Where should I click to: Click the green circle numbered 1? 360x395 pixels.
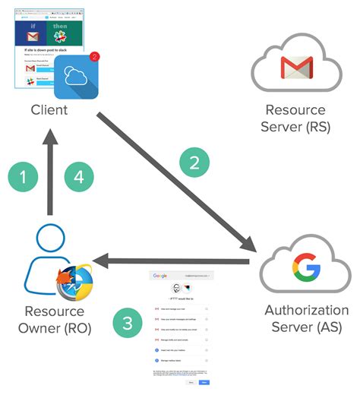[24, 177]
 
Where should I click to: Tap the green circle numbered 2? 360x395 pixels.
[194, 162]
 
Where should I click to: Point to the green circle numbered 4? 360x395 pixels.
[80, 177]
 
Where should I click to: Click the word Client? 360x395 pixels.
[49, 110]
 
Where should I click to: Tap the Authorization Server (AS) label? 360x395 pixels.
[306, 319]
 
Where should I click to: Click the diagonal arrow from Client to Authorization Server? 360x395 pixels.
[175, 182]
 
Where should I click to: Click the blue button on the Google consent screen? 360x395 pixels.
[204, 383]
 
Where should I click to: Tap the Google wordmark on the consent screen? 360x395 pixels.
[159, 276]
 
